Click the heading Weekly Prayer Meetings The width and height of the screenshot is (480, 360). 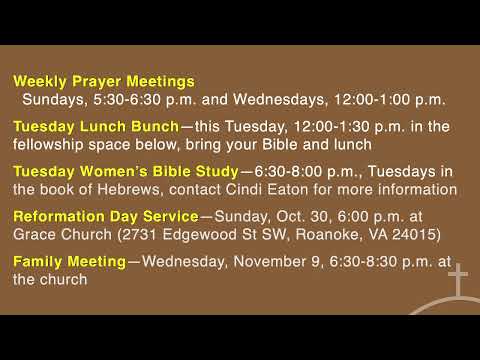[x=104, y=81]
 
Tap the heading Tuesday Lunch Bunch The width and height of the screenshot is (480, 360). [x=95, y=126]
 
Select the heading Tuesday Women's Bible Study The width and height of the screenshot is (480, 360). [x=126, y=171]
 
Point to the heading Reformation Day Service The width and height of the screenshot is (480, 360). [x=105, y=216]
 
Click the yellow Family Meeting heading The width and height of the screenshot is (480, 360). [x=69, y=262]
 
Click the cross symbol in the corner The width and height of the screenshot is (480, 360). [x=458, y=282]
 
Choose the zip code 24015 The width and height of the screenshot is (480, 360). [x=417, y=234]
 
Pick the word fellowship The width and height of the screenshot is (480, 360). [x=50, y=144]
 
